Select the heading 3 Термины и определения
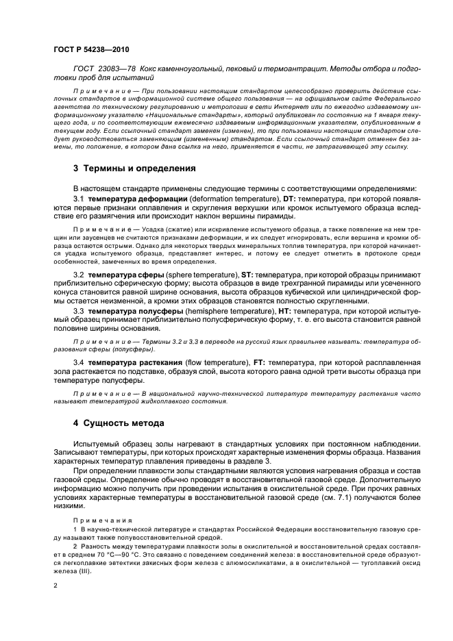tap(134, 168)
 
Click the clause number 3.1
tap(79, 199)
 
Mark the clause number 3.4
tap(79, 362)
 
